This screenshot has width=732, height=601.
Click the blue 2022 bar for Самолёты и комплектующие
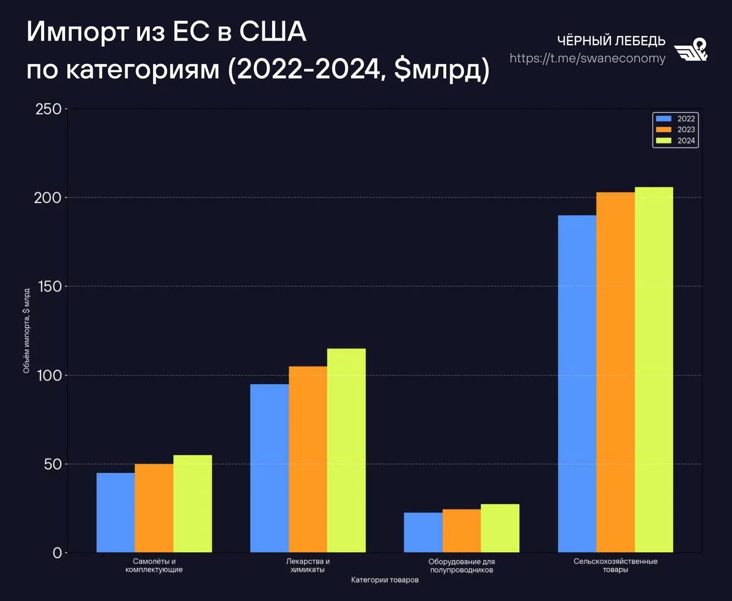click(116, 512)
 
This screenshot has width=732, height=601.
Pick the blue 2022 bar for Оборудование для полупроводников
click(423, 532)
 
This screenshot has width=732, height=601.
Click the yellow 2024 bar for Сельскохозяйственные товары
click(654, 370)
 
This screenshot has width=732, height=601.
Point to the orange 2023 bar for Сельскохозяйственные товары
click(615, 372)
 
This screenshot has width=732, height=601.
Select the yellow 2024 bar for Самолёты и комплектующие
click(193, 504)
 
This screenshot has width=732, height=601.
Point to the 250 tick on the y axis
click(49, 109)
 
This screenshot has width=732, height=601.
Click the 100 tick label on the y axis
click(49, 375)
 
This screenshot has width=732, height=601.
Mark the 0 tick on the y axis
click(57, 553)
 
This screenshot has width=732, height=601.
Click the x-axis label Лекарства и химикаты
click(308, 566)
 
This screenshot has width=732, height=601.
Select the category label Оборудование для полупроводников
click(462, 566)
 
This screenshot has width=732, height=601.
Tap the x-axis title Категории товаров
click(385, 580)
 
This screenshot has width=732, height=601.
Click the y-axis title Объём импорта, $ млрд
click(26, 331)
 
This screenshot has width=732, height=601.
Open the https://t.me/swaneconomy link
click(587, 58)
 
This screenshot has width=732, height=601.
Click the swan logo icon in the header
click(691, 50)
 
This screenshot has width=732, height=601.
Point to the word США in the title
click(272, 31)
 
